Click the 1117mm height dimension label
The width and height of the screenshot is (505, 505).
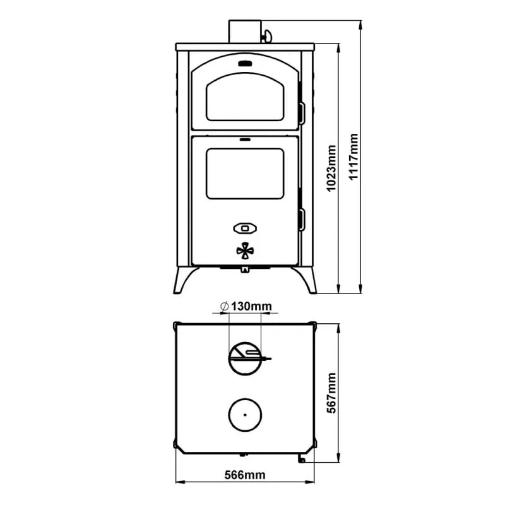[x=353, y=157]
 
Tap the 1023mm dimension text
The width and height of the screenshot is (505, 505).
[x=331, y=169]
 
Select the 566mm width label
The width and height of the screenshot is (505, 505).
[x=245, y=475]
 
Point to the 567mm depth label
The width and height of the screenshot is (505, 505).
[x=331, y=393]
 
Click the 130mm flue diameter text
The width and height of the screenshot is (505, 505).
[x=251, y=306]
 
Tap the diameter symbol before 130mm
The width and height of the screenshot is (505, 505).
[x=225, y=306]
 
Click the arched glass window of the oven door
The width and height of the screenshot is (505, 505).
[x=245, y=97]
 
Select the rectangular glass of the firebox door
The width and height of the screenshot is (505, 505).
[x=245, y=174]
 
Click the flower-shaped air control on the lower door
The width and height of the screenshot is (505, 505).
[x=245, y=251]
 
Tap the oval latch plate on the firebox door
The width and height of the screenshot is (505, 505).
[x=245, y=229]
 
